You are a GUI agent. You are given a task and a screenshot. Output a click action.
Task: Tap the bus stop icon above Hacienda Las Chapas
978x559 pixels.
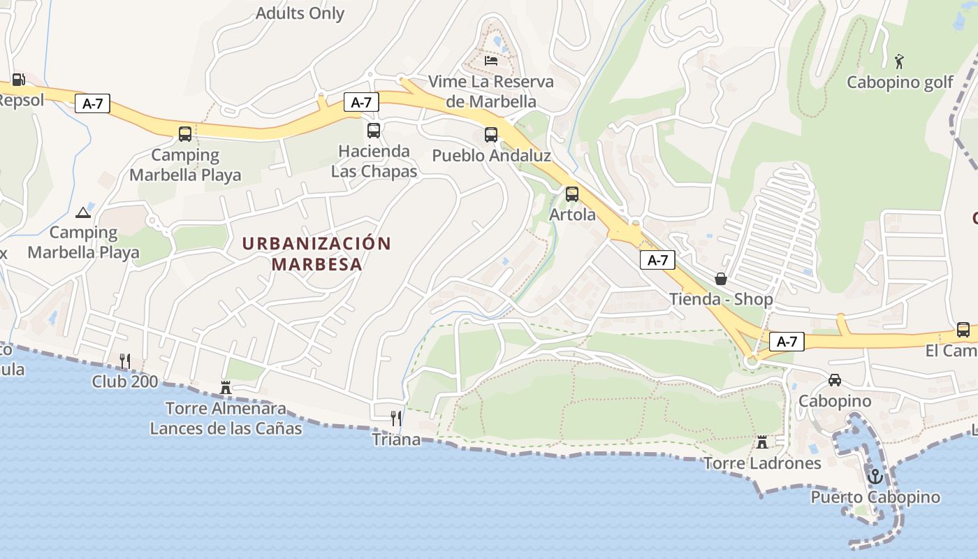[374, 131]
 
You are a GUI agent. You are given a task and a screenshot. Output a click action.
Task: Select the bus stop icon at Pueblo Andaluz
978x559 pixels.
[491, 135]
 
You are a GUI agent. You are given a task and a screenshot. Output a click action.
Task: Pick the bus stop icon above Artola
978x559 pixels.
[572, 194]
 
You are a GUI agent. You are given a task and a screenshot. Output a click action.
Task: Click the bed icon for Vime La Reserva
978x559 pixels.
[491, 60]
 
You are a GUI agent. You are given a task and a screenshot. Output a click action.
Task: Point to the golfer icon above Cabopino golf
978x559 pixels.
[899, 61]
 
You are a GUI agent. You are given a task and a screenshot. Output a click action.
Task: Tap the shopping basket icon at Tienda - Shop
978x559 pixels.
[721, 279]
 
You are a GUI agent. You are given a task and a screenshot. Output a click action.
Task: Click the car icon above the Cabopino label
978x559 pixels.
[834, 380]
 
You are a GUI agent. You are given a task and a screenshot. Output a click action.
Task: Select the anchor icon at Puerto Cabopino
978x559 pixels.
[875, 477]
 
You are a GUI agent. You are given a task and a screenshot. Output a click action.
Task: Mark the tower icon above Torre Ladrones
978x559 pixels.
[762, 442]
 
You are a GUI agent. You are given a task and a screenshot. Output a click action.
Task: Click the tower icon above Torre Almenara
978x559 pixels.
[226, 387]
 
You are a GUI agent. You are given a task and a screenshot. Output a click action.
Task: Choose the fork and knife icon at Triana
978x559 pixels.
[396, 419]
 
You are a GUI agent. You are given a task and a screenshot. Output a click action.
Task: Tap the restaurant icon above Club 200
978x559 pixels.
[125, 361]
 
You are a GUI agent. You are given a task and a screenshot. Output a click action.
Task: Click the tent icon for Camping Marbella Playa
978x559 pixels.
[83, 212]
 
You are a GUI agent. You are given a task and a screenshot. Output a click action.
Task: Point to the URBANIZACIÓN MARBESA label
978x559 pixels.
[316, 254]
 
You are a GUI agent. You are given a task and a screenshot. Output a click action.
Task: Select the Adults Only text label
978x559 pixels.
[300, 13]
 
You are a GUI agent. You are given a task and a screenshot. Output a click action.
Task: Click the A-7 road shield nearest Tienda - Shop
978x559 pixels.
[657, 261]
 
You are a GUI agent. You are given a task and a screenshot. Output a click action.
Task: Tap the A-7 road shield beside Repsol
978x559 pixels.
[92, 104]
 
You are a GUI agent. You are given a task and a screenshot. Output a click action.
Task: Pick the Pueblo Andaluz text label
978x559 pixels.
[491, 155]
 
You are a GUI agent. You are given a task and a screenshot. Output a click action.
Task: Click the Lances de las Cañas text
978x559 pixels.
[226, 428]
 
